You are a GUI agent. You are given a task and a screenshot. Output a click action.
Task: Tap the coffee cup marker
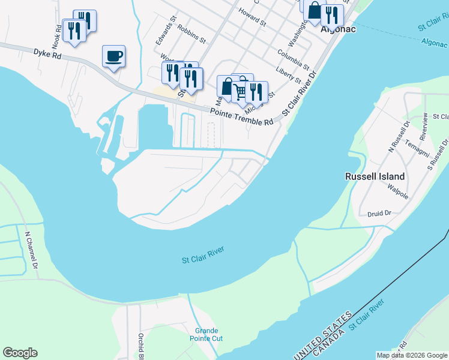point(113,57)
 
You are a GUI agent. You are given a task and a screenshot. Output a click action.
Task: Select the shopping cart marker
point(241,91)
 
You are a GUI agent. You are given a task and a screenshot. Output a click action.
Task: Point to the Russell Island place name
point(375,176)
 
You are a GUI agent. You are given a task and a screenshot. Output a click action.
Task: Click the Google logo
point(20,353)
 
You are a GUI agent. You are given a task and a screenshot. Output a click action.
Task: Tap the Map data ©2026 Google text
point(412,355)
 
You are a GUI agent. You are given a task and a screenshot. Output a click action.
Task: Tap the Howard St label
point(252,17)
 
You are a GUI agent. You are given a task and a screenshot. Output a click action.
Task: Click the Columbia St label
point(293,59)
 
